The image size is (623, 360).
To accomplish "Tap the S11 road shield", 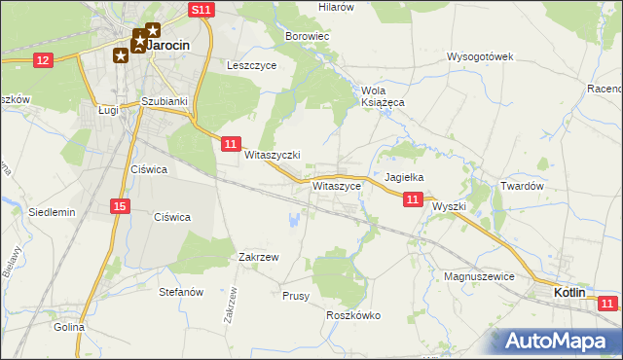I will tap(201, 10).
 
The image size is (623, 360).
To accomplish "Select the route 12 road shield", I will tap(42, 60).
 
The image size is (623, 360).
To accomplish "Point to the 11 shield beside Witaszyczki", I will tap(230, 144).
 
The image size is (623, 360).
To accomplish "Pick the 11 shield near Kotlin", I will tap(607, 305).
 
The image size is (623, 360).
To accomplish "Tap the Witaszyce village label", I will tap(338, 184).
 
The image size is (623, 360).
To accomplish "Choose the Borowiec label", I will tap(309, 36).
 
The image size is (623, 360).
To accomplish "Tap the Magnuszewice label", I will tap(478, 276).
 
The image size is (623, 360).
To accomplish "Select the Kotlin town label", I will tap(569, 292).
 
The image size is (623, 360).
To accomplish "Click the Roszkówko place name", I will tap(353, 315).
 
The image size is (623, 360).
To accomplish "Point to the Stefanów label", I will tap(180, 291).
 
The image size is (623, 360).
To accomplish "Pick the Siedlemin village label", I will tap(52, 211).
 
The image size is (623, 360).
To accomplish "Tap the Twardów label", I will tap(521, 185).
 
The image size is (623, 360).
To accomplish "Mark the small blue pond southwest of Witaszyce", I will tap(293, 221).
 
